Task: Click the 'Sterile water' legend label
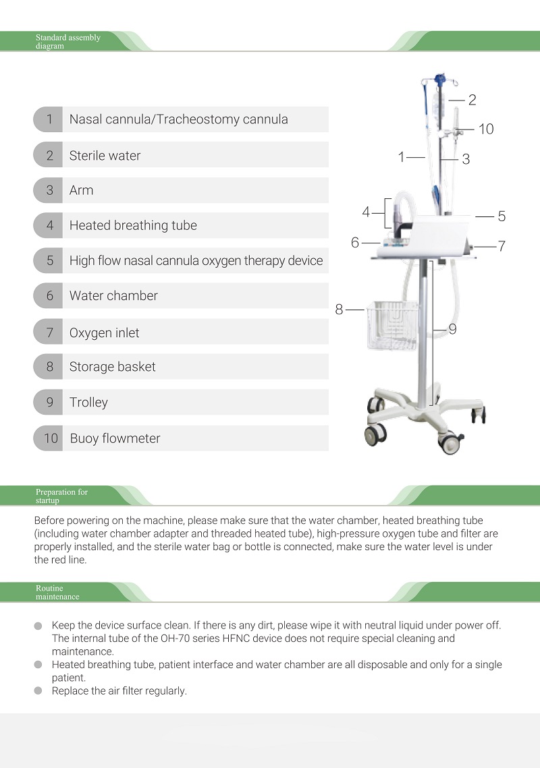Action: [x=105, y=155]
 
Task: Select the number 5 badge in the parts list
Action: [x=49, y=260]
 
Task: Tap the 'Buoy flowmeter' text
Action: [x=115, y=438]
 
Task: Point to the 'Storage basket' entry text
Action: [x=112, y=367]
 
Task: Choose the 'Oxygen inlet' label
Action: [x=104, y=332]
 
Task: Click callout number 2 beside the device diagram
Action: [x=472, y=100]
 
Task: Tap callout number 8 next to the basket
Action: [x=339, y=309]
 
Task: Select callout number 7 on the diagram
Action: [x=502, y=246]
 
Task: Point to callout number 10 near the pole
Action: [x=486, y=129]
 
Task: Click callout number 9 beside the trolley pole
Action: [x=452, y=329]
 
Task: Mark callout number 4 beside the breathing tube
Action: [x=366, y=212]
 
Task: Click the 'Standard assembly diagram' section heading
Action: [x=67, y=42]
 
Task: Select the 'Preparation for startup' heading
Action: [x=61, y=496]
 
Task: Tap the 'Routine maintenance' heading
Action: [x=57, y=593]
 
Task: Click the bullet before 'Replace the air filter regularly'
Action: [x=38, y=691]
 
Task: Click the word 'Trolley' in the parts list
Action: [x=88, y=403]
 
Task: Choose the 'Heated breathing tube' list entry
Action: [x=133, y=225]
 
